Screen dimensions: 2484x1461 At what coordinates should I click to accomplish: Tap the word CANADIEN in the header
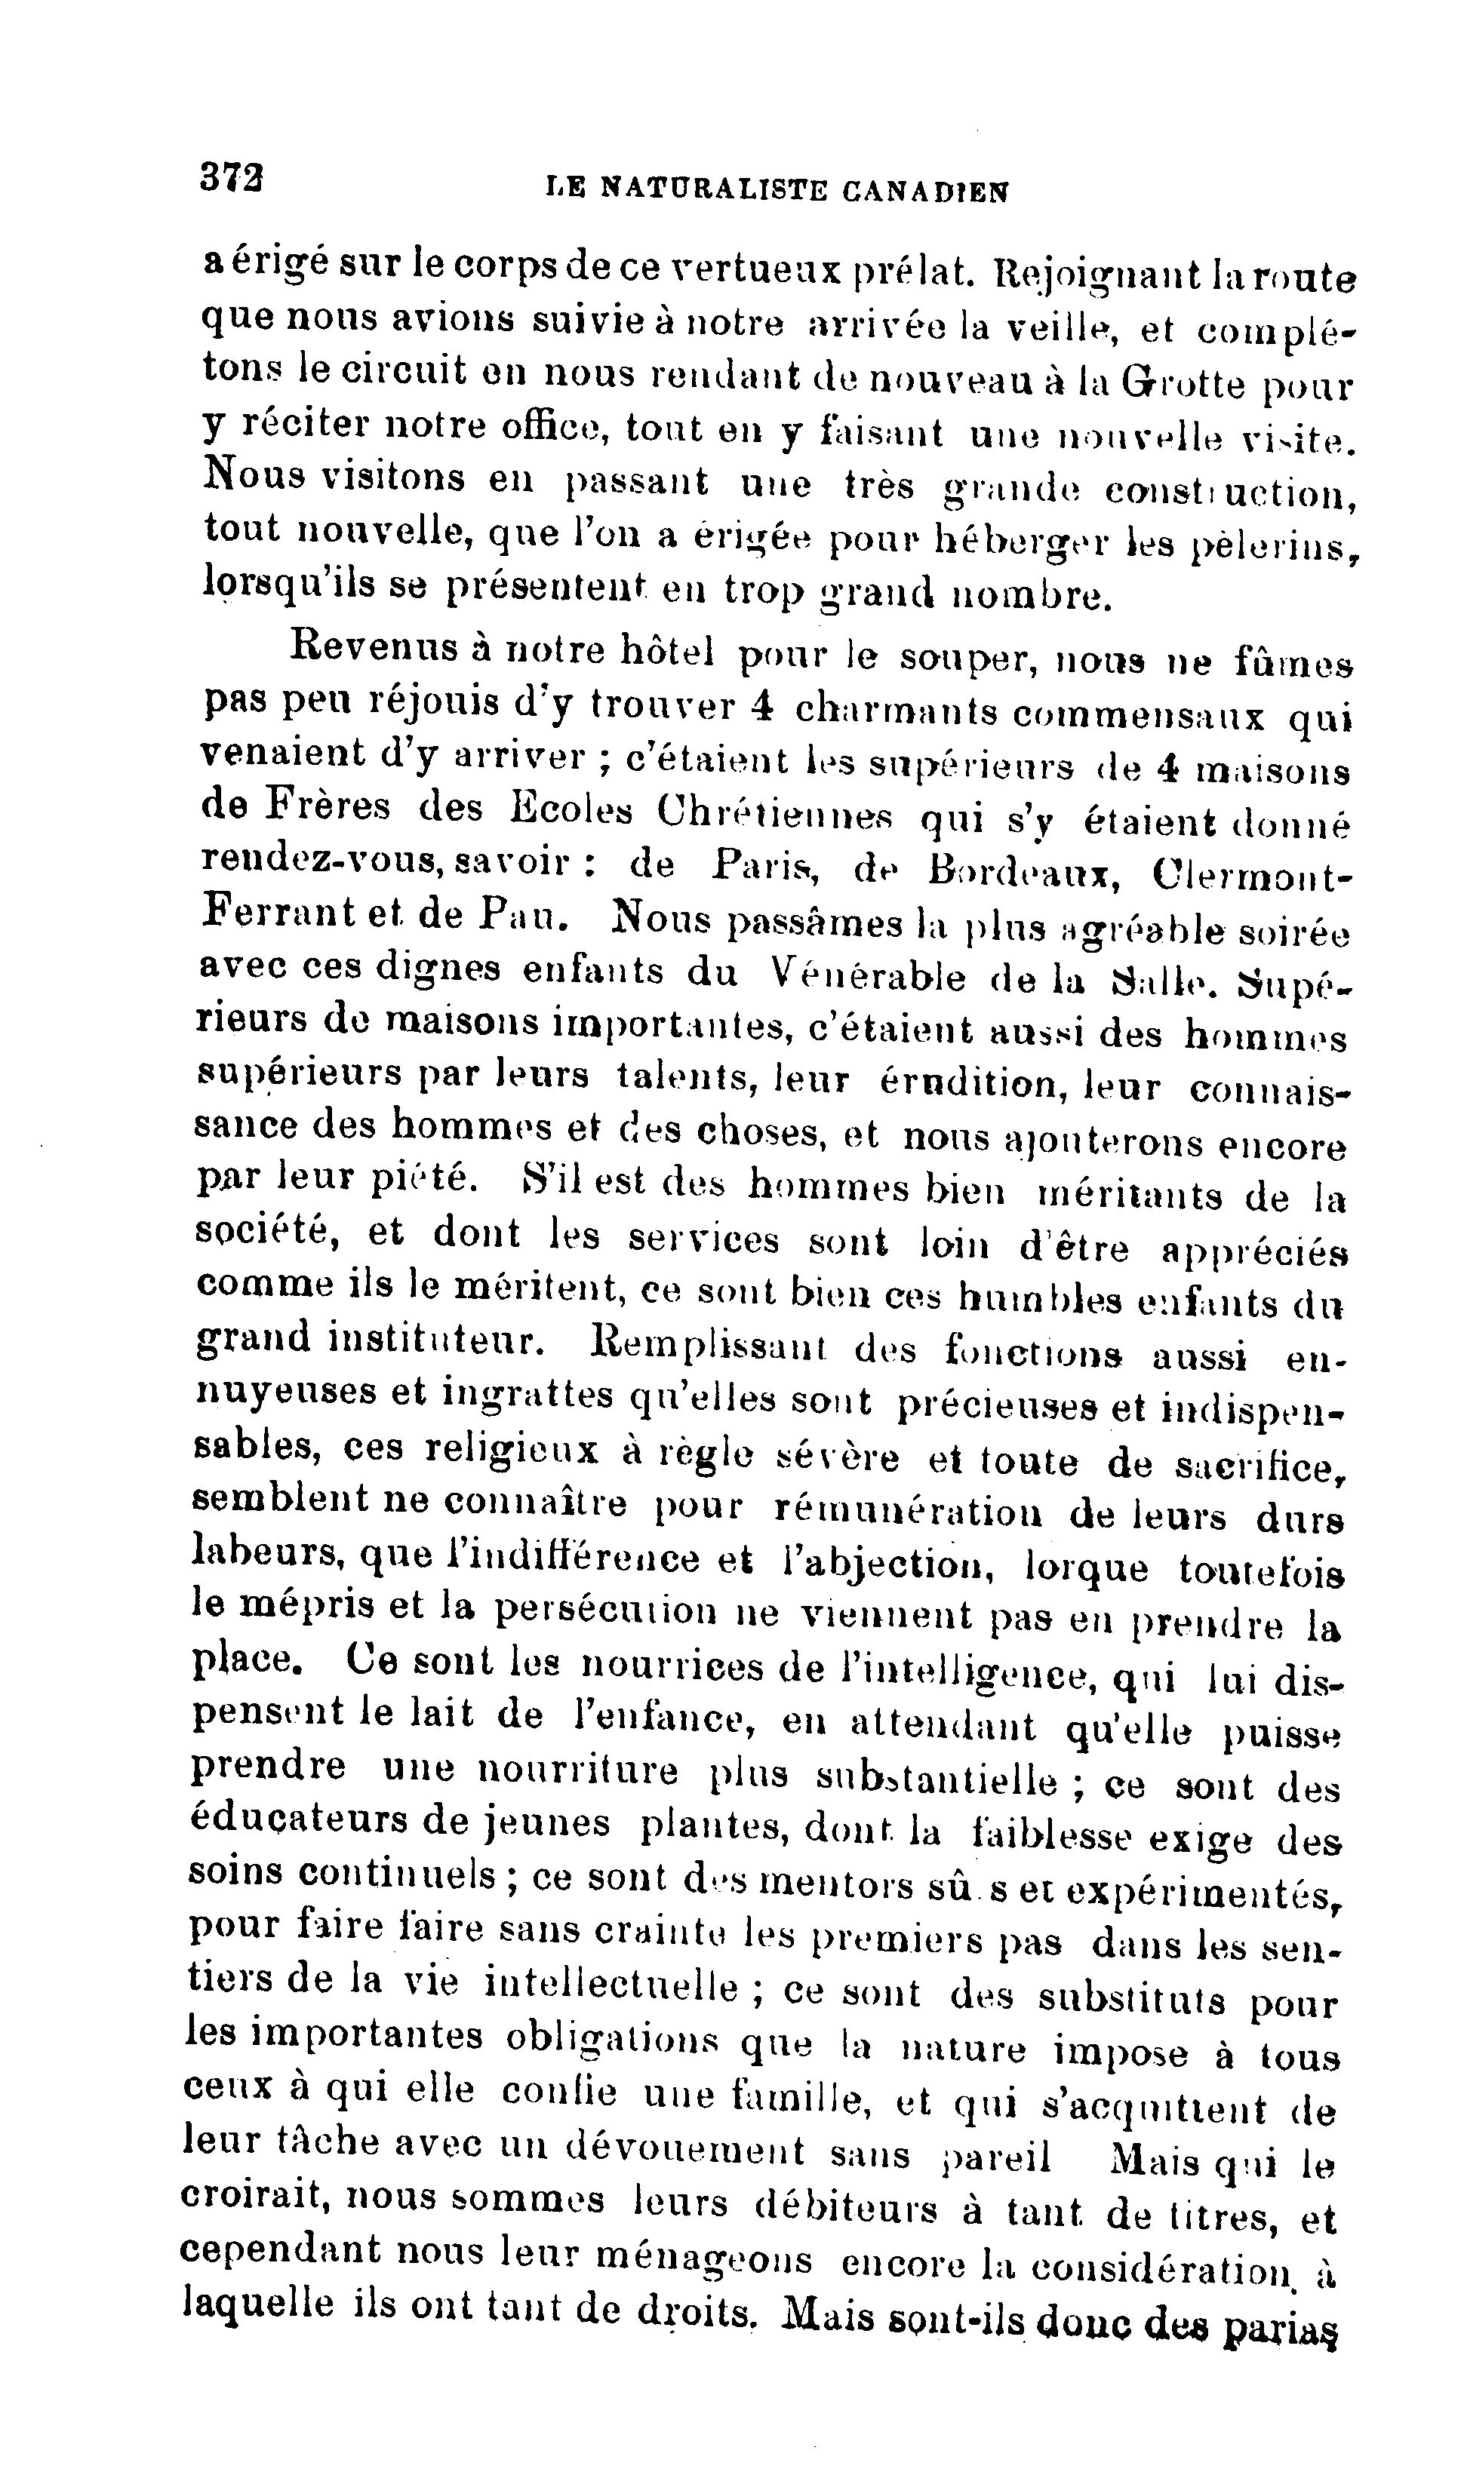click(x=927, y=190)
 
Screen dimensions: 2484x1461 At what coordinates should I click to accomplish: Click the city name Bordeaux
click(x=1023, y=870)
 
